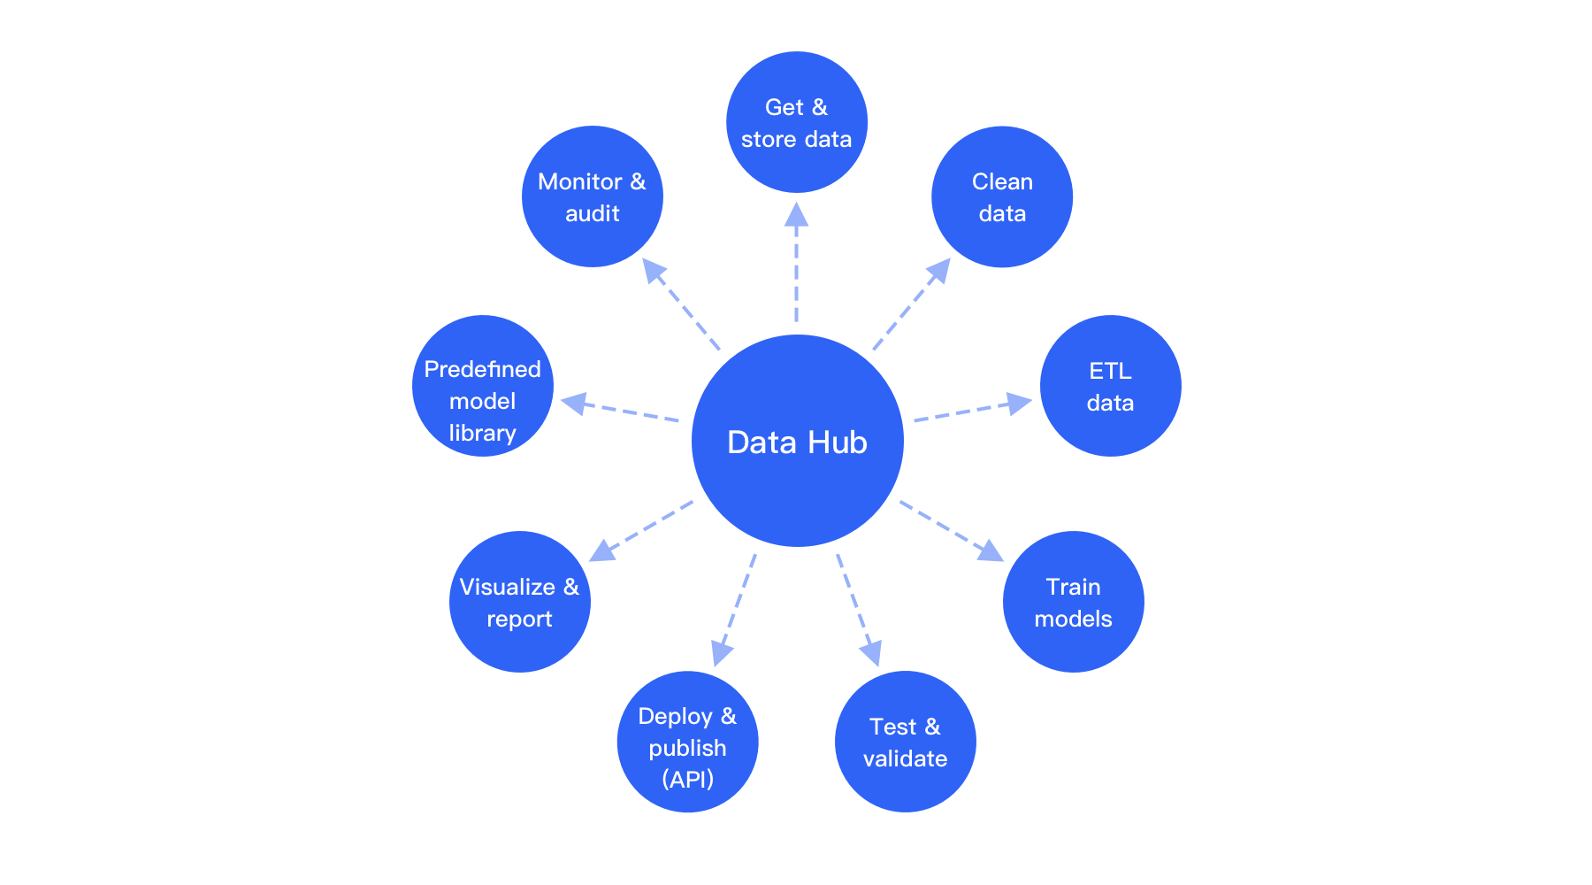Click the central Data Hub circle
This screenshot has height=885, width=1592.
pos(797,441)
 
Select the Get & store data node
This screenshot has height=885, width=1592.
pos(796,122)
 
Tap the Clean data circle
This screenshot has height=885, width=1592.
pos(1002,196)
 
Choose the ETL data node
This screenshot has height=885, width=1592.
pos(1110,386)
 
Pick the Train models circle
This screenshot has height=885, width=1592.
pos(1073,602)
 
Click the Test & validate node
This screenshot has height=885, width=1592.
pos(905,742)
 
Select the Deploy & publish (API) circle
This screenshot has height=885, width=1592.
pos(687,742)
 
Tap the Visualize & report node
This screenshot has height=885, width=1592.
pos(519,602)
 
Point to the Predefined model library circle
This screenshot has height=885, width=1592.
pos(482,386)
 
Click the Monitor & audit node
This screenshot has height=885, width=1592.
pos(592,196)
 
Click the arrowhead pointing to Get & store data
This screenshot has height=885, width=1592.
pos(796,215)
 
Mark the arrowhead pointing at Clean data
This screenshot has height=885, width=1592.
pos(939,270)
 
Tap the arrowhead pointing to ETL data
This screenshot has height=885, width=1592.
pos(1020,404)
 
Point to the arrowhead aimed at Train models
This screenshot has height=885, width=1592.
pos(991,551)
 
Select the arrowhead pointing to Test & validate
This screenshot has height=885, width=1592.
pos(871,653)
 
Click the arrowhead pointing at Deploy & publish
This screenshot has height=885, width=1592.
pos(722,653)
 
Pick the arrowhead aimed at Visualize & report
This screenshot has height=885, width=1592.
pos(602,551)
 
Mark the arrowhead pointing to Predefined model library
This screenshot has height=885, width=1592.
pos(574,404)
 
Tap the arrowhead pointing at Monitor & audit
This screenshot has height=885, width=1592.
pos(654,270)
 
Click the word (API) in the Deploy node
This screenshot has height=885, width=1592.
pos(687,779)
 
